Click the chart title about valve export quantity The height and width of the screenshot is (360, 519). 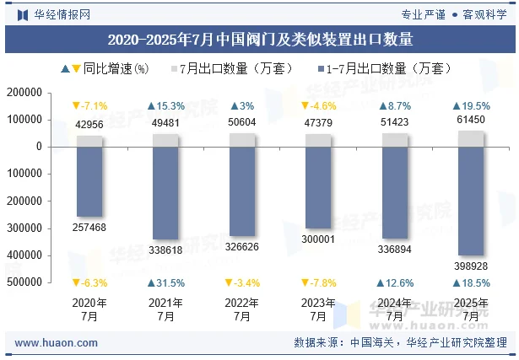[x=260, y=40]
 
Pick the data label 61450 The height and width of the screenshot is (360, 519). [x=470, y=121]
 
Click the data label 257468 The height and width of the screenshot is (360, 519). [x=90, y=228]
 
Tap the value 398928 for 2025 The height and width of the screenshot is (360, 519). [x=470, y=266]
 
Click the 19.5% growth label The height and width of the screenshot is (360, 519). [x=470, y=106]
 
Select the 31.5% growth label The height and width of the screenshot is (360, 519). [x=166, y=283]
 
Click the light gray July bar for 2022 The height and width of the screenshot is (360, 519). [x=242, y=139]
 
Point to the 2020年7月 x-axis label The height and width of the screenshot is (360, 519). [x=90, y=309]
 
